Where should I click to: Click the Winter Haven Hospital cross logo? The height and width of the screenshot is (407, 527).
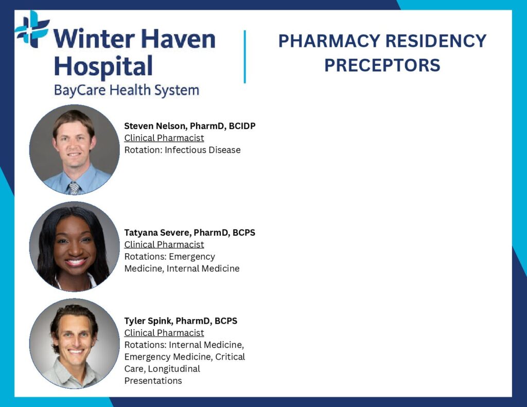tap(32, 29)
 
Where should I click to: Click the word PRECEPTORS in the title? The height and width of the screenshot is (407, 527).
tap(382, 65)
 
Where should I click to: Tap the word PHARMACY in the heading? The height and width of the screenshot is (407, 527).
tap(329, 41)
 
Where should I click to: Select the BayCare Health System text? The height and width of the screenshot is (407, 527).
tap(127, 91)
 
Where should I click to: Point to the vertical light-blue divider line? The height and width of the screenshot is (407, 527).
tap(244, 57)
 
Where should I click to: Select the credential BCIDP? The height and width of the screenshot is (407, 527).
tap(242, 126)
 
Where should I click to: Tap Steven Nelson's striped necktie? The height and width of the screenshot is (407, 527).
tap(74, 188)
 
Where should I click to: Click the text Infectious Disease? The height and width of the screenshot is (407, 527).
tap(203, 150)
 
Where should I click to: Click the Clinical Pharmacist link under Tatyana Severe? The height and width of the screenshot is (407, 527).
tap(164, 245)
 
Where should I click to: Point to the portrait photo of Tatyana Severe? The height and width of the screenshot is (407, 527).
tap(74, 246)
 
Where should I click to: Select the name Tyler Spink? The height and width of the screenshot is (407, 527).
tap(148, 321)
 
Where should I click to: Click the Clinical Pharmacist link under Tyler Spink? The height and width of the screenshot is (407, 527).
tap(164, 333)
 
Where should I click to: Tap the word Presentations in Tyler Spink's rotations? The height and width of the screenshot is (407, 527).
tap(153, 381)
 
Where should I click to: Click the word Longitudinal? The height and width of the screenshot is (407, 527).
tap(174, 369)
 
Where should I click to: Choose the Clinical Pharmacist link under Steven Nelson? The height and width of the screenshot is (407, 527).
tap(164, 138)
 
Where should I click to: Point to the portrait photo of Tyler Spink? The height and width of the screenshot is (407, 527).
tap(74, 344)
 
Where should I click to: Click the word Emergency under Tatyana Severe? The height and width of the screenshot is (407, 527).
tap(192, 257)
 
